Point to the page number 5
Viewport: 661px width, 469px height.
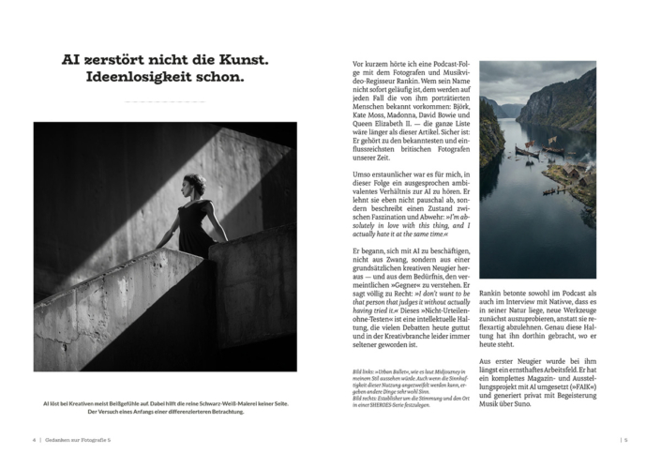click(x=625, y=439)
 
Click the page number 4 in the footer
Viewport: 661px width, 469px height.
click(x=34, y=439)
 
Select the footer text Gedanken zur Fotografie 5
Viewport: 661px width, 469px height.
click(x=81, y=439)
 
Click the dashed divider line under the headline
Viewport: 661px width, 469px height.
click(x=164, y=100)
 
